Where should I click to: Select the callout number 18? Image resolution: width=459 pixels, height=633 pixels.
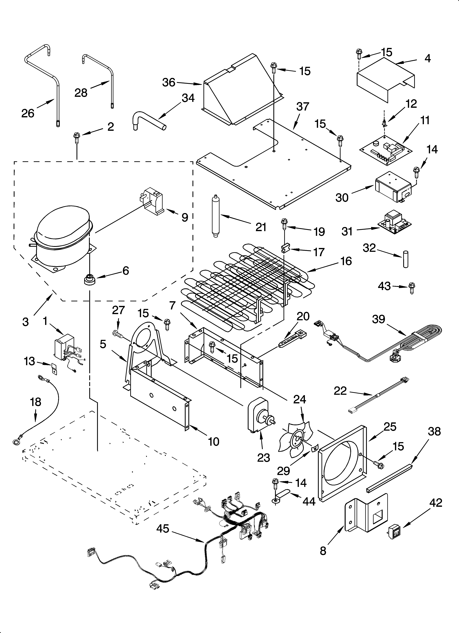click(x=36, y=402)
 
